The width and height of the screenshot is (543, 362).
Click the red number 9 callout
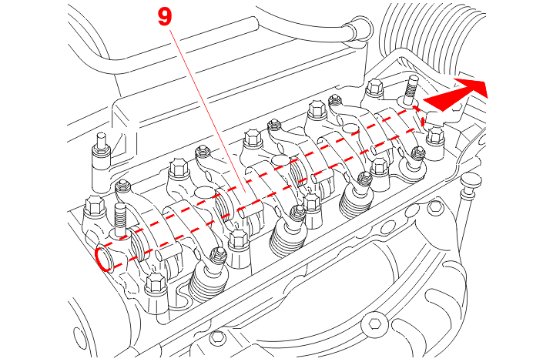click(x=165, y=17)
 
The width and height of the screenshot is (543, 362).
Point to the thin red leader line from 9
click(x=208, y=111)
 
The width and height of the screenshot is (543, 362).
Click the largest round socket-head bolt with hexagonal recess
click(x=374, y=324)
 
